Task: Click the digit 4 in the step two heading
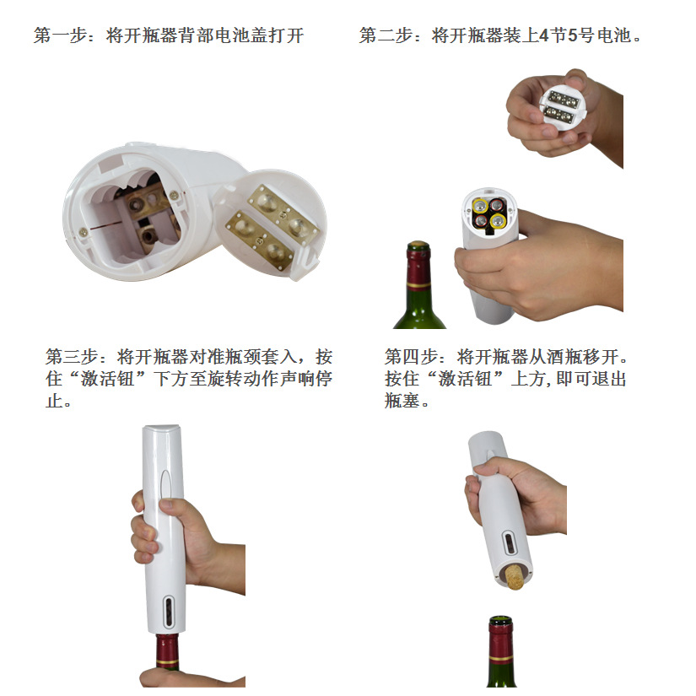pyautogui.click(x=544, y=36)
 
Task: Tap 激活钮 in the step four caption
pyautogui.click(x=463, y=379)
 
